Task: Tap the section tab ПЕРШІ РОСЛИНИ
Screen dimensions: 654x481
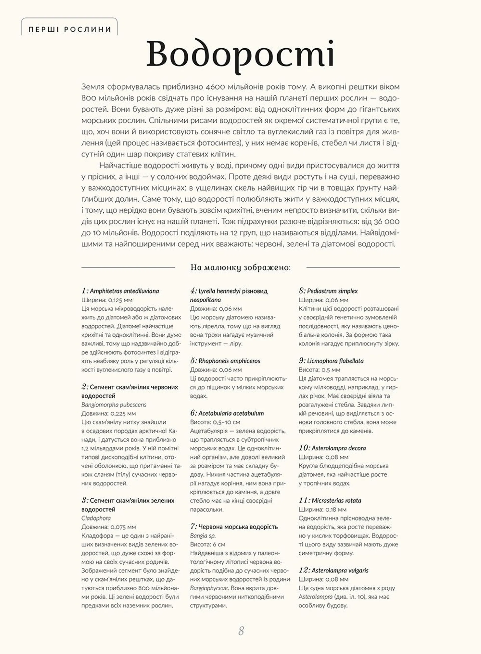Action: pos(70,29)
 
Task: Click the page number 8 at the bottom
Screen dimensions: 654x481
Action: pos(241,631)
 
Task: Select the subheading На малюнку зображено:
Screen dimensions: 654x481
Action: pos(241,267)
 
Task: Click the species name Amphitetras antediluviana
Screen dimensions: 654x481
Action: pos(124,291)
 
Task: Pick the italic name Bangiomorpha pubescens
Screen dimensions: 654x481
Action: pos(113,405)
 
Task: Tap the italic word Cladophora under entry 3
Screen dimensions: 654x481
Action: pos(96,518)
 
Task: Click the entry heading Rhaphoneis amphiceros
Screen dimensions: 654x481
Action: pos(229,361)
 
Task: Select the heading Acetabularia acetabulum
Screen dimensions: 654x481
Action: pos(231,413)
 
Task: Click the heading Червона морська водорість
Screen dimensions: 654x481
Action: pos(238,527)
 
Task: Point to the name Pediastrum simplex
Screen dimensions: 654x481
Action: pos(332,291)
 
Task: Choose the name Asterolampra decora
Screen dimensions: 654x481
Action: pos(339,448)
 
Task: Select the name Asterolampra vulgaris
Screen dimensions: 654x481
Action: pos(340,571)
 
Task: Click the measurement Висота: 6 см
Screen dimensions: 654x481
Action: pos(208,544)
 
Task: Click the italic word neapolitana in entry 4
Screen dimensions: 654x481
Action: pos(205,300)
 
